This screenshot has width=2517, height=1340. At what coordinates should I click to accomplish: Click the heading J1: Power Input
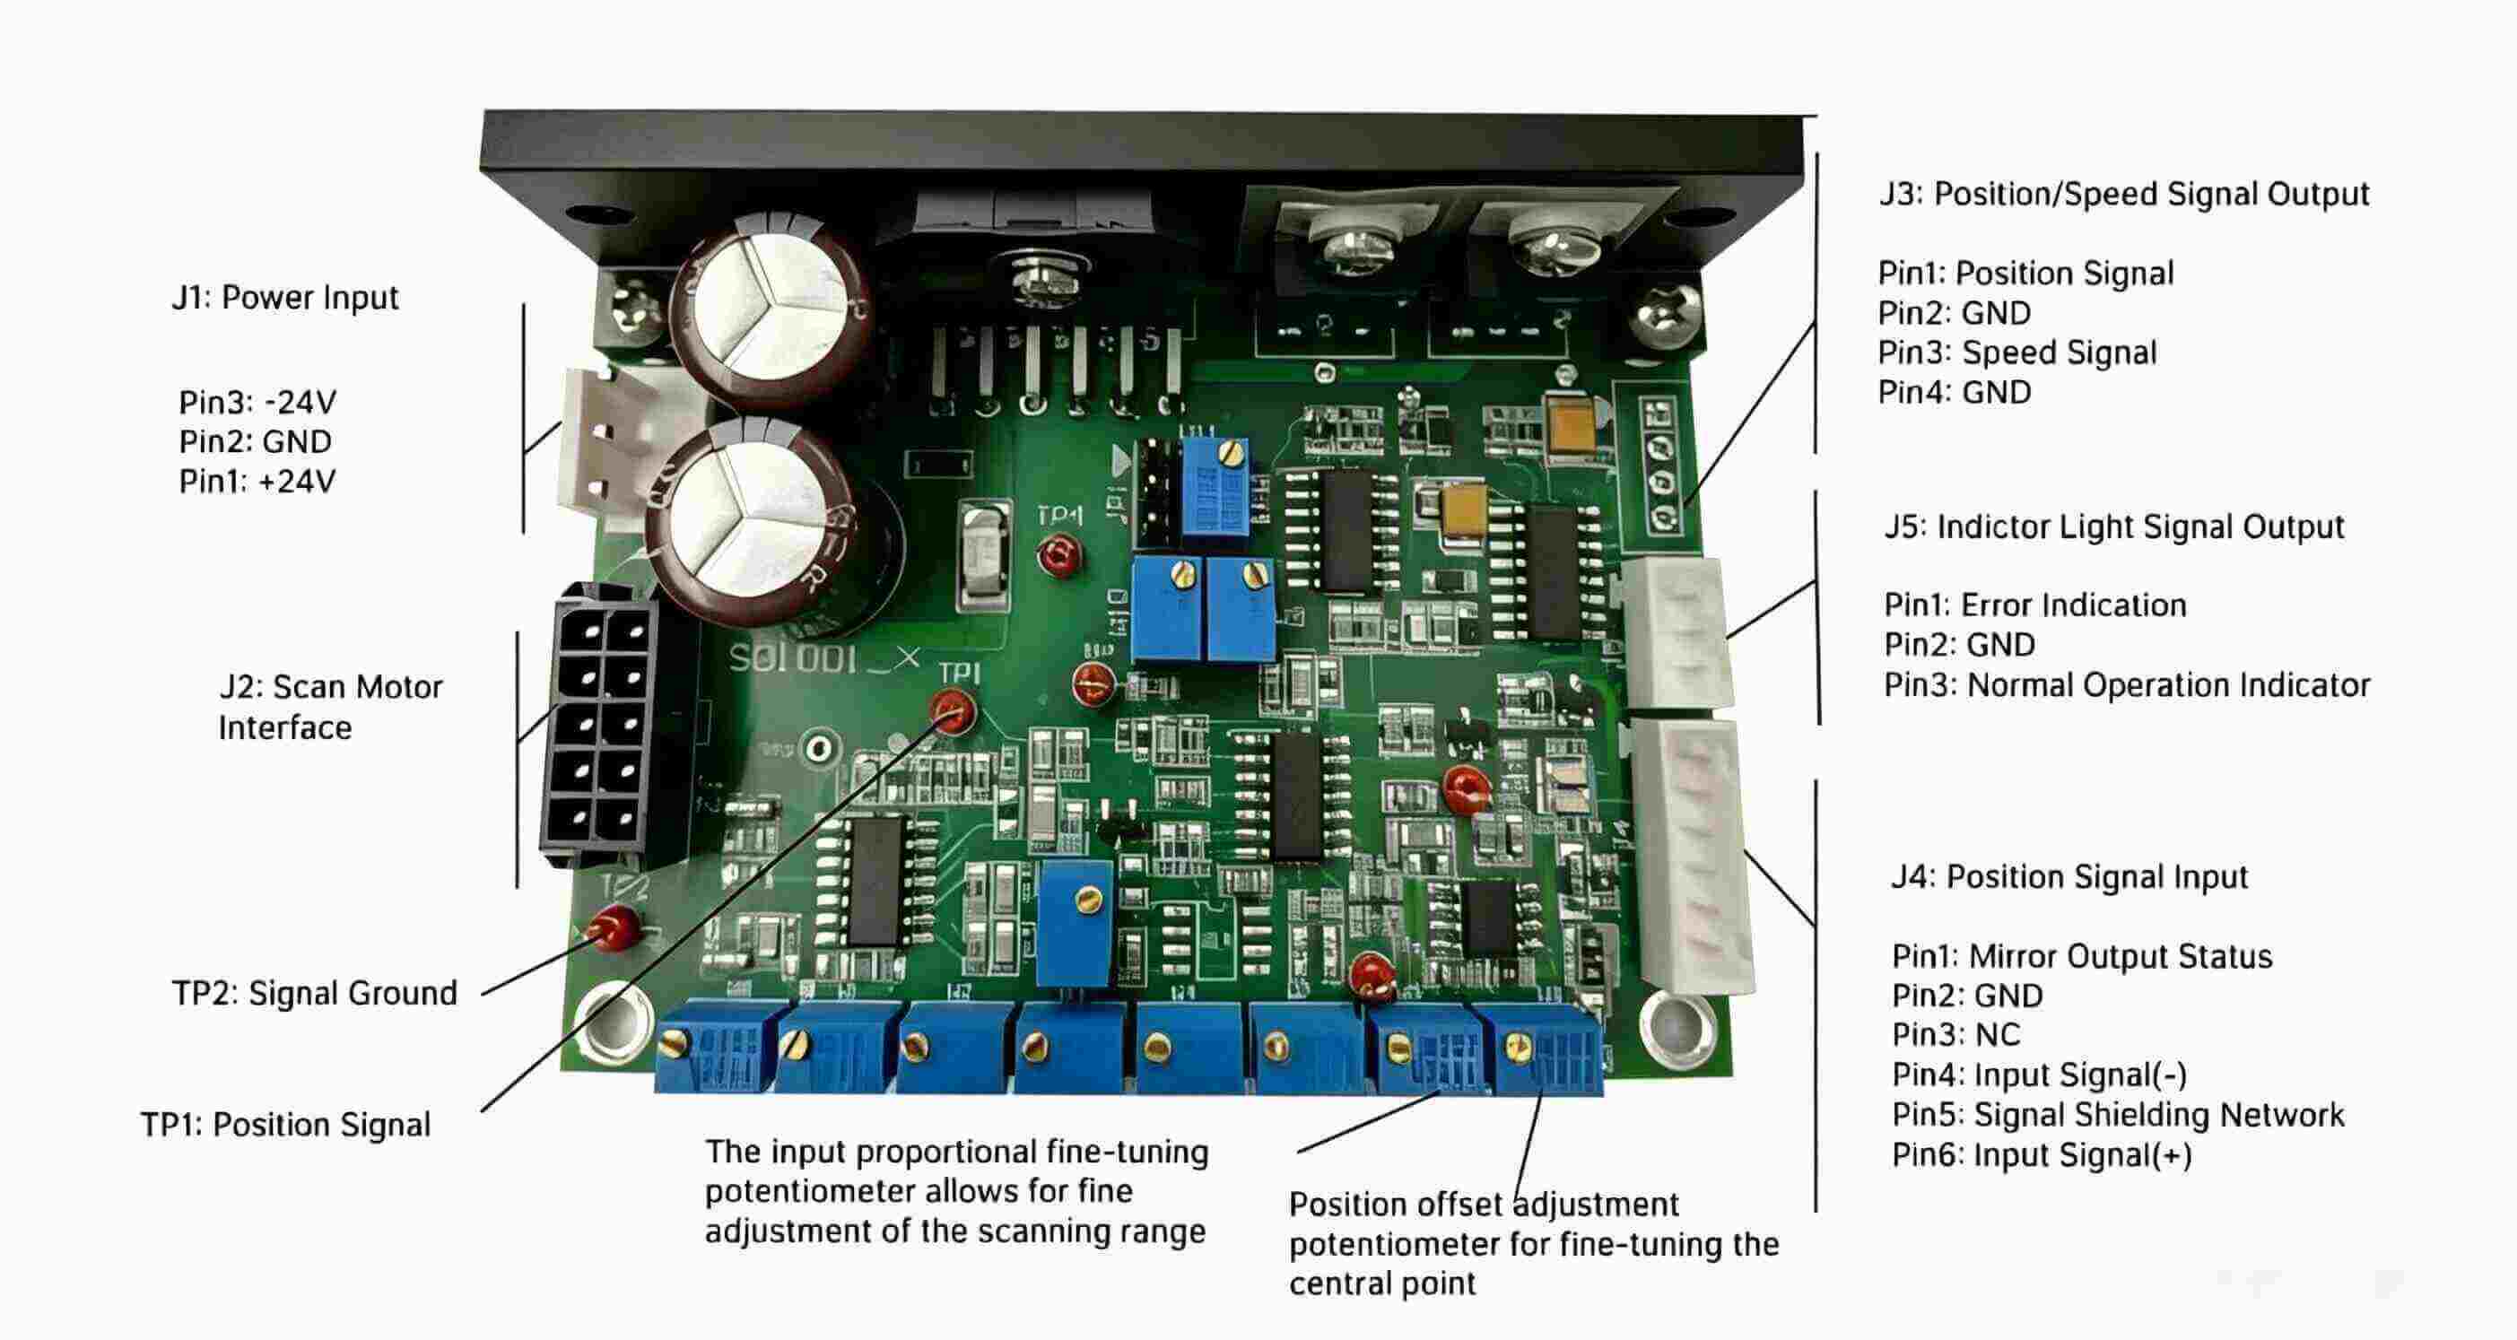[x=285, y=297]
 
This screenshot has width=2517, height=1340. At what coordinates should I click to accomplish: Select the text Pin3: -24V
[x=257, y=403]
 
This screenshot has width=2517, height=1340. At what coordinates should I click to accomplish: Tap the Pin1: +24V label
[x=257, y=482]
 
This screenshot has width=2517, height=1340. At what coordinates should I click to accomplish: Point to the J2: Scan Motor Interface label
[x=329, y=707]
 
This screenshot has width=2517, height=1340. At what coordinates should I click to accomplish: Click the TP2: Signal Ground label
[x=315, y=993]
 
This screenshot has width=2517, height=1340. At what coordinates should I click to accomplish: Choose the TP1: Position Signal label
[x=285, y=1124]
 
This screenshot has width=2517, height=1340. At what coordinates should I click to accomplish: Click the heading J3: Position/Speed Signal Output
[x=2124, y=194]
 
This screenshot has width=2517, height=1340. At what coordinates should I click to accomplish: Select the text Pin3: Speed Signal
[x=2016, y=352]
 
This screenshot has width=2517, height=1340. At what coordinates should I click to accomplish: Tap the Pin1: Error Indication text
[x=2034, y=605]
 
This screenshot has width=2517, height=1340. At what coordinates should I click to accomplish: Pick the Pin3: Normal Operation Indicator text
[x=2126, y=685]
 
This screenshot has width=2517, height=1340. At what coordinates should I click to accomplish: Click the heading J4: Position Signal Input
[x=2068, y=877]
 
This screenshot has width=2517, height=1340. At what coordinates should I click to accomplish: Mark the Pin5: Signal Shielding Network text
[x=2117, y=1116]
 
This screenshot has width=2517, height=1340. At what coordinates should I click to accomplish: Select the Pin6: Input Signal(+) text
[x=2042, y=1155]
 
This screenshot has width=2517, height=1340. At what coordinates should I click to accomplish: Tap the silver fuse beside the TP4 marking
[x=984, y=557]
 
